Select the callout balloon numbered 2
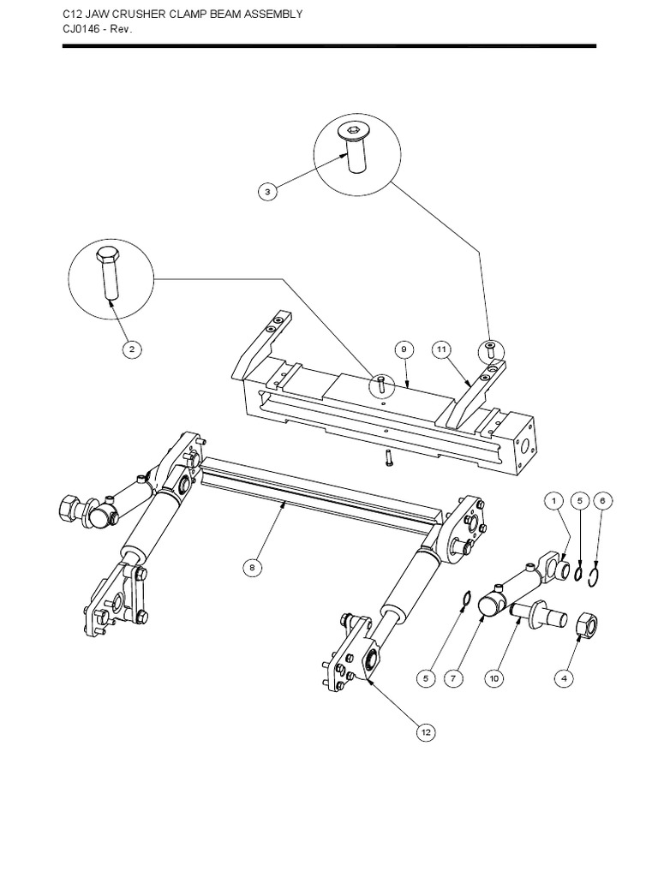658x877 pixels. coord(130,349)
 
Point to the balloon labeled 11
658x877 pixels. coord(441,349)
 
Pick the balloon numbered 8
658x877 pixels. coord(252,567)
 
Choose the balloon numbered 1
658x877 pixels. coord(553,500)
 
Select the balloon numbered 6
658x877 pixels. coord(603,500)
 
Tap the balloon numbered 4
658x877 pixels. coord(563,678)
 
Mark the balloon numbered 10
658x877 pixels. coord(493,678)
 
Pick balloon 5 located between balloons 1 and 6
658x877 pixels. coord(579,500)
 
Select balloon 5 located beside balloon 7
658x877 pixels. coord(426,678)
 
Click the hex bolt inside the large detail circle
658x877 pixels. coord(108,271)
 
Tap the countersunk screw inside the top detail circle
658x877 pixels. coord(352,147)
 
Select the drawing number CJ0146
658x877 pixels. coord(81,29)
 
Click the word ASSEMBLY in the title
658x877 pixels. coord(271,15)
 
